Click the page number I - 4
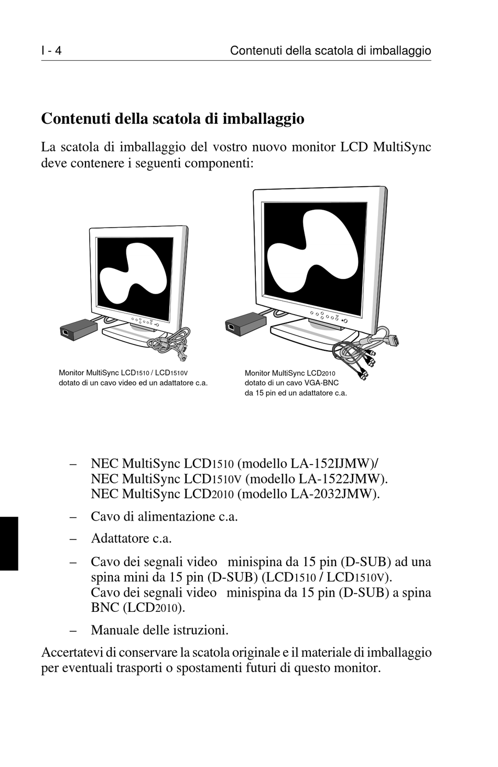[51, 51]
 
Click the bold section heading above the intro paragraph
[172, 118]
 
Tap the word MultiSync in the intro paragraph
[402, 147]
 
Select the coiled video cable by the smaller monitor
[170, 343]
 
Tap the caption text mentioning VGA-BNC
[295, 383]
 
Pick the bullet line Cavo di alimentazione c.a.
[164, 516]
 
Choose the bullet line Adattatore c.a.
[131, 538]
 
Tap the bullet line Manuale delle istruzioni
[159, 630]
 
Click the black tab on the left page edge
[9, 543]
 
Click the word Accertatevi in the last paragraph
[71, 653]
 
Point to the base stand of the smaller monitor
[131, 336]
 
